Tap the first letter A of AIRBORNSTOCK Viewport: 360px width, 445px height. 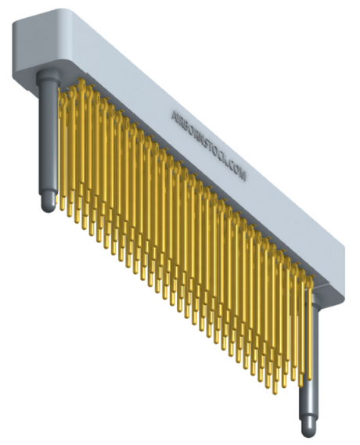pyautogui.click(x=175, y=114)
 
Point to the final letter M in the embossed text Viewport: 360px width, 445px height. pyautogui.click(x=244, y=178)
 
